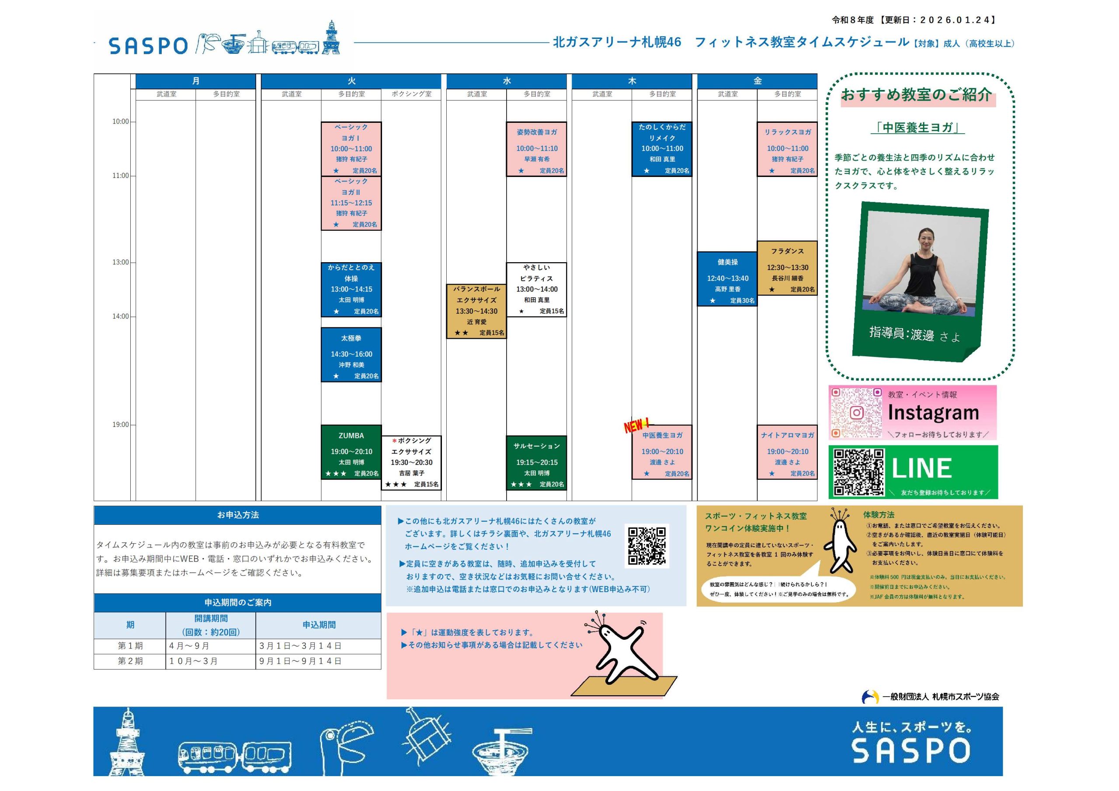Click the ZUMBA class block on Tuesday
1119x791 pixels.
[351, 452]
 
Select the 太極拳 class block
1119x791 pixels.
[351, 354]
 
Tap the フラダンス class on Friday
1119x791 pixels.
[787, 267]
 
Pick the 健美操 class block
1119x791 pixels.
[727, 279]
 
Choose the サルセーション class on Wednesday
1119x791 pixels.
[537, 462]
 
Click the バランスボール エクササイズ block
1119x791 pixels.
[476, 311]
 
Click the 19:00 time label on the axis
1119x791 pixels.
[120, 424]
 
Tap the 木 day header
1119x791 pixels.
[632, 81]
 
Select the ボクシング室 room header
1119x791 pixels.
[411, 94]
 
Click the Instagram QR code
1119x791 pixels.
[856, 412]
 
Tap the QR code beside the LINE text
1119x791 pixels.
[859, 472]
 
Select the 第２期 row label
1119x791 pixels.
[130, 661]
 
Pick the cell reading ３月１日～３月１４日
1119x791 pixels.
[300, 646]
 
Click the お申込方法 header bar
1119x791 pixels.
[237, 515]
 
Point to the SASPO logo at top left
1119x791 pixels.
[148, 46]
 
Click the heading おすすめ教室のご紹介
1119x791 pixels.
[916, 94]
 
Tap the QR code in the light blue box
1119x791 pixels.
[647, 546]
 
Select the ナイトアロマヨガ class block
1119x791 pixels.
[787, 452]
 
